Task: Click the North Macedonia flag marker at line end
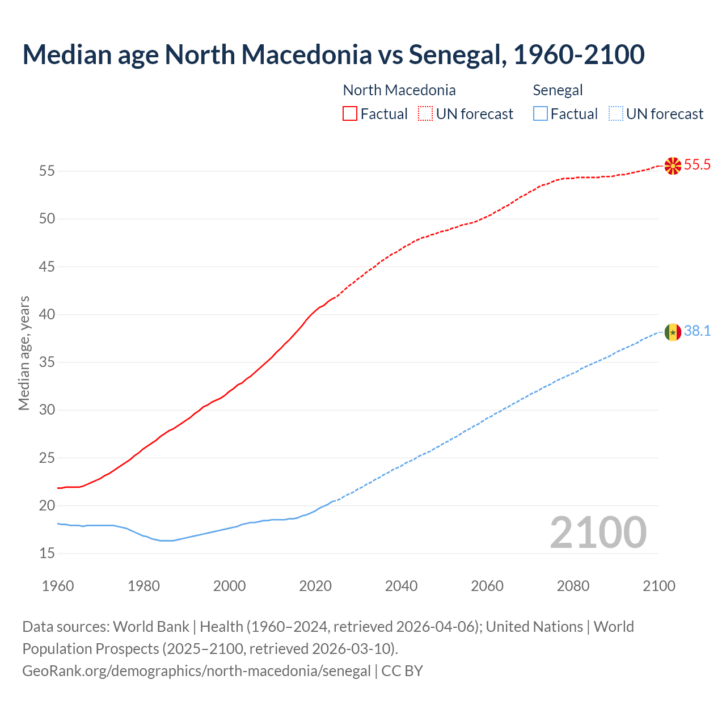click(x=673, y=166)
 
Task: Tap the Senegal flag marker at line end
click(x=673, y=332)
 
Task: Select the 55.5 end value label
click(x=697, y=165)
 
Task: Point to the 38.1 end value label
click(x=697, y=331)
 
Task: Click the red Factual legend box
click(x=350, y=113)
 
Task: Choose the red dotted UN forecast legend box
click(x=425, y=113)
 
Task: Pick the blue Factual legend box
click(x=540, y=113)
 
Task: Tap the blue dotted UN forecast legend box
click(x=615, y=113)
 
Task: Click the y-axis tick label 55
click(x=47, y=171)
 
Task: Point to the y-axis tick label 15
click(x=47, y=553)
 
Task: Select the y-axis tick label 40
click(x=47, y=314)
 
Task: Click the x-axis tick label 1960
click(x=58, y=586)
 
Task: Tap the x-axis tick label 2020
click(x=315, y=586)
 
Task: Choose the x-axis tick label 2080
click(x=573, y=586)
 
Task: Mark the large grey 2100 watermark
click(x=598, y=532)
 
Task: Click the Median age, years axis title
click(x=24, y=353)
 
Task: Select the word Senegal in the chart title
click(x=455, y=54)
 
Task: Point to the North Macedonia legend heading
click(x=399, y=90)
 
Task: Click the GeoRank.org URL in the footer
click(x=196, y=670)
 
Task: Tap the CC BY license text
click(x=402, y=670)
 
